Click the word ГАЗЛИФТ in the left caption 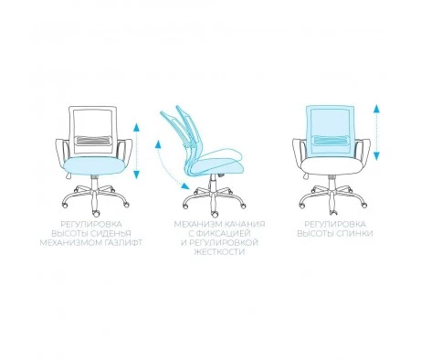point(123,243)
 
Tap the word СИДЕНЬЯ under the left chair point(111,234)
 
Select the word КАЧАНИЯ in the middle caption point(245,225)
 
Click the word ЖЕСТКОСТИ point(219,252)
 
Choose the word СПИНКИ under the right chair point(354,234)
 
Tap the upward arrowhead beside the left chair point(136,127)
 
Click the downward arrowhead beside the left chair point(136,175)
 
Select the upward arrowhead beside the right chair point(376,109)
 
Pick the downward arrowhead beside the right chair point(376,156)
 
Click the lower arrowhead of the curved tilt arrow point(184,185)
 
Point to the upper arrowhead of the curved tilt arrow point(158,144)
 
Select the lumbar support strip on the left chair point(93,140)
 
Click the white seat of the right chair point(331,166)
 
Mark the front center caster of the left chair point(96,213)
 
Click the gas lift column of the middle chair point(213,183)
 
